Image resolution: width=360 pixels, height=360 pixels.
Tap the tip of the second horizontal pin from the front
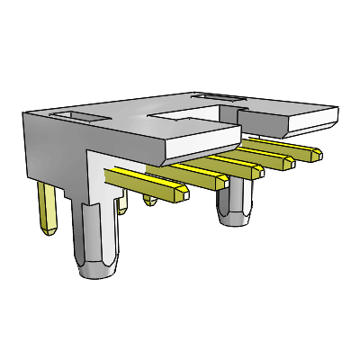[221, 182]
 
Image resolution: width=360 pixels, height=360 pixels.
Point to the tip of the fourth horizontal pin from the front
[288, 164]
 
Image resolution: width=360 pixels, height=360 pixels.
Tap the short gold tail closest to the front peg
[124, 206]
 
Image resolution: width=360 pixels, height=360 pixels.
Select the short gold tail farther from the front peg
[149, 199]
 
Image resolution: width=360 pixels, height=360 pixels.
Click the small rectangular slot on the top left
[77, 116]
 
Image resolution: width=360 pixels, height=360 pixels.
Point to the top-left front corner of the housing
[24, 111]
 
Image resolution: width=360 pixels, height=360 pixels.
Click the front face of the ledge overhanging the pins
[202, 144]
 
